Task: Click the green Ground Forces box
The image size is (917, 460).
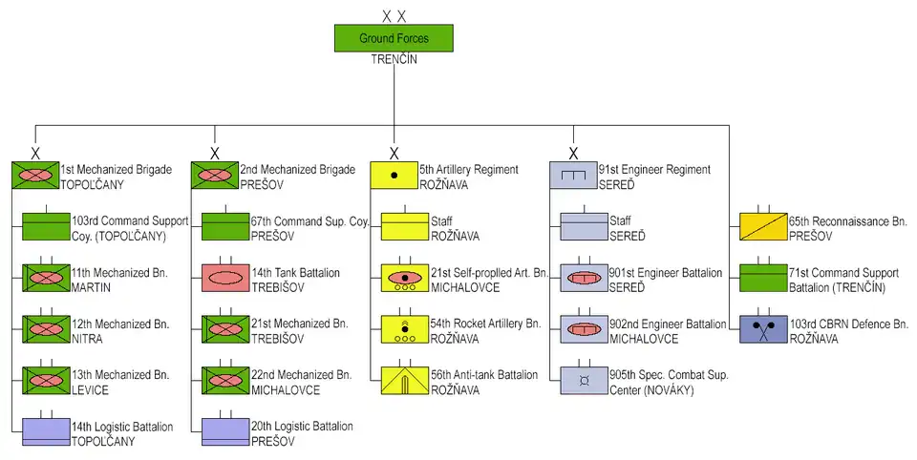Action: point(394,38)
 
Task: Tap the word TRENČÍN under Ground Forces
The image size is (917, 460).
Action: point(394,59)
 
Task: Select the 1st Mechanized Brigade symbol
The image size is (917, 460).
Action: point(35,176)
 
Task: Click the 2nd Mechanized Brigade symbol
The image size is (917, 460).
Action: point(215,176)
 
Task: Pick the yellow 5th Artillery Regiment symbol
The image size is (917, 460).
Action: point(394,176)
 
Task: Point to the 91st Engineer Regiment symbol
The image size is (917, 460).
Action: point(573,176)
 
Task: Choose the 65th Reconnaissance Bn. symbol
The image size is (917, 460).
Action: point(763,227)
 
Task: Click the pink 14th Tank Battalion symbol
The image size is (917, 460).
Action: point(225,279)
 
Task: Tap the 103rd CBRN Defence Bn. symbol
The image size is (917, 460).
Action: point(763,330)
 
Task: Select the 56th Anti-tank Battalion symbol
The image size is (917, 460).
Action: point(405,381)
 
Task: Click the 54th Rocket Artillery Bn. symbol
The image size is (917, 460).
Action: point(405,330)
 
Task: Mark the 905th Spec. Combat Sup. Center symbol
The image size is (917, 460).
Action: point(584,381)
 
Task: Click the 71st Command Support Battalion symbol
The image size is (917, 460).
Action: point(763,279)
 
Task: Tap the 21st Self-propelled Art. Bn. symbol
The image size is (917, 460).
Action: point(405,279)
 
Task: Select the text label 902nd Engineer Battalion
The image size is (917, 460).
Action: point(667,324)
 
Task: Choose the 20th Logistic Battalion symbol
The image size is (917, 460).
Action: point(225,432)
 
